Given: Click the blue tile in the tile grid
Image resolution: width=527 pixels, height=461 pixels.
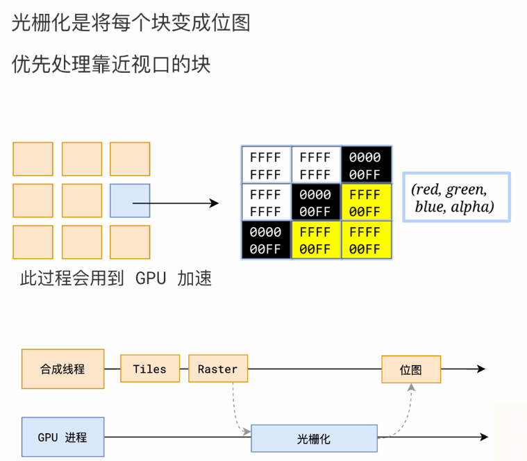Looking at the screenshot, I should tap(130, 201).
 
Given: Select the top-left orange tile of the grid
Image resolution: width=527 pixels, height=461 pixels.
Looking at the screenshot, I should tap(33, 159).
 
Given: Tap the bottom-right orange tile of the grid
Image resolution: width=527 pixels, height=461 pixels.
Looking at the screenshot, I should tap(130, 242).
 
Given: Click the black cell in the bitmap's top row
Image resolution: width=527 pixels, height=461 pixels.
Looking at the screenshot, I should tap(366, 165).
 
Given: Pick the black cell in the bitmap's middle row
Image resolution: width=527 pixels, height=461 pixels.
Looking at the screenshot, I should tap(315, 202).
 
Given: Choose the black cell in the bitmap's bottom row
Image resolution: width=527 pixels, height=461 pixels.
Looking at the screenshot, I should tap(265, 240).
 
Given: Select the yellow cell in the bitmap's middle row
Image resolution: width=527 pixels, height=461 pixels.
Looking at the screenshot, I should tap(366, 202).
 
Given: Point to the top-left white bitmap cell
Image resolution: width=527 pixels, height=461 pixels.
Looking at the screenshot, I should tap(265, 165).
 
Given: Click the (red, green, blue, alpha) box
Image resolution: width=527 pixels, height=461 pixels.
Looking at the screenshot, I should tap(456, 197).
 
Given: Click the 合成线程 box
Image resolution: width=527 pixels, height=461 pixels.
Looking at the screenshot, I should tap(62, 369).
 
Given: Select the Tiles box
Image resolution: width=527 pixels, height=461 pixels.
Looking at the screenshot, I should tap(150, 369).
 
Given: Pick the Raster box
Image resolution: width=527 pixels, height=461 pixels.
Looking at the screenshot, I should tap(217, 369).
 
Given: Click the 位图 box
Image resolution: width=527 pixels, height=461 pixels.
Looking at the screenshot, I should tap(411, 369).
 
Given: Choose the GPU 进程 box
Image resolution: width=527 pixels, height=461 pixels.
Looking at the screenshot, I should tap(62, 437).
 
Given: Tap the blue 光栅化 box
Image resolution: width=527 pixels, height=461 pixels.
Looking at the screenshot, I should tap(314, 438).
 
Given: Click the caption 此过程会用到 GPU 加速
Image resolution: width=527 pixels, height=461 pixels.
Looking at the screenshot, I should tap(116, 278).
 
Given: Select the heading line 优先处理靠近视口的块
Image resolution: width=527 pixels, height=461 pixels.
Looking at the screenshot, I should tap(111, 65).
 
